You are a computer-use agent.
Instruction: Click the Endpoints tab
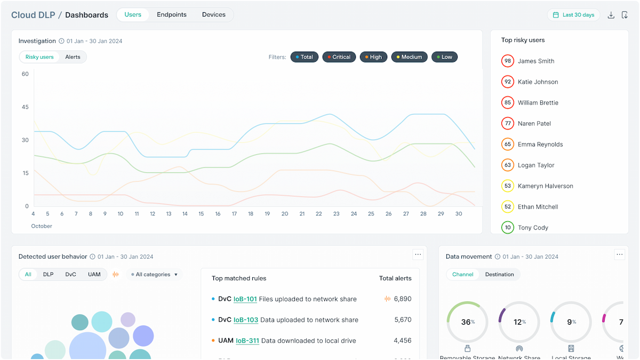pos(171,15)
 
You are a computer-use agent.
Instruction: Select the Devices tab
pos(213,15)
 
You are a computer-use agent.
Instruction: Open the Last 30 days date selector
pos(573,15)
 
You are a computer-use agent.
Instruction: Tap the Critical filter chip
pos(339,57)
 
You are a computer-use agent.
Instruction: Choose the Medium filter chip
pos(409,57)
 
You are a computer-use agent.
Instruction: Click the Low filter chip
pos(444,57)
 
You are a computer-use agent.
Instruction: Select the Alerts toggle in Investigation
pos(73,57)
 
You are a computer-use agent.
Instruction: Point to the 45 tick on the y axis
pos(25,107)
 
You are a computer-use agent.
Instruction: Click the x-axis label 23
pos(336,214)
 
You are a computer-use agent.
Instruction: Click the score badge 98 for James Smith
pos(508,61)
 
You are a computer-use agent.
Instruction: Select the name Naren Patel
pos(534,124)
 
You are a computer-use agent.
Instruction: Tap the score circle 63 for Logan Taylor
pos(508,165)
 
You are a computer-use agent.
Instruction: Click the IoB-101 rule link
pos(245,299)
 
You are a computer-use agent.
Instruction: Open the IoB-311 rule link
pos(247,341)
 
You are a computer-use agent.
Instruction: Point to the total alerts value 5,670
pos(403,320)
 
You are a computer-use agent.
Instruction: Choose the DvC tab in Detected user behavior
pos(71,275)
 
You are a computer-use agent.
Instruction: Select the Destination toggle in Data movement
pos(499,275)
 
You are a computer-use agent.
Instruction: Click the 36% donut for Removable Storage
pos(467,322)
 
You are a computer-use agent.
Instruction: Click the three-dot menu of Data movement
pos(619,255)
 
